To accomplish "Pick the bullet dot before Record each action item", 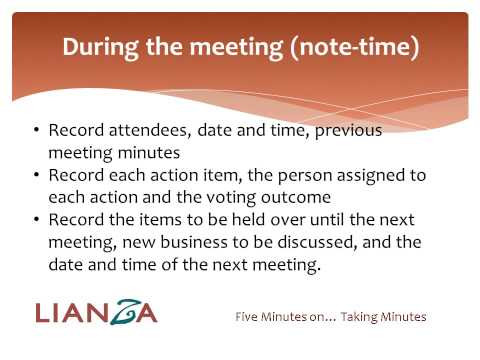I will [x=37, y=174].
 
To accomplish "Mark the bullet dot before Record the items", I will [x=37, y=221].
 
